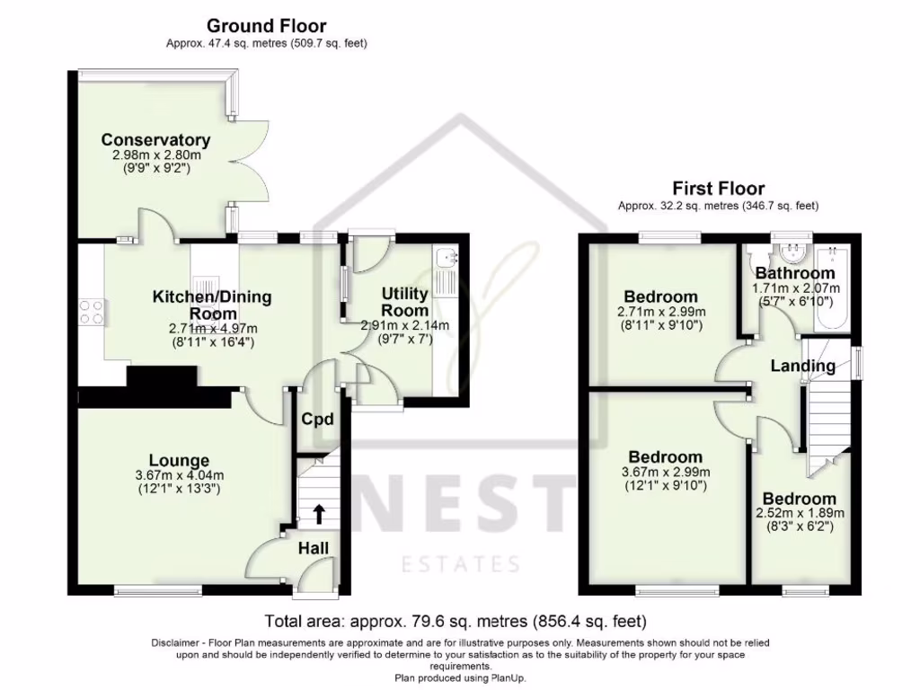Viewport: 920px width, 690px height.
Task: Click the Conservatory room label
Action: pos(155,139)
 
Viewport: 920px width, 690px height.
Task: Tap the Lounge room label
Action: pos(179,461)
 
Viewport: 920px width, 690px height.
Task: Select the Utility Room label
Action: pos(405,301)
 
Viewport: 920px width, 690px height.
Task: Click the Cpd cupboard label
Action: pos(317,419)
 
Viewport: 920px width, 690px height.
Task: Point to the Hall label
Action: pos(314,549)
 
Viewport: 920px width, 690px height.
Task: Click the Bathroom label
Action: pos(795,273)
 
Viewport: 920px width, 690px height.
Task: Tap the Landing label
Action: pos(802,367)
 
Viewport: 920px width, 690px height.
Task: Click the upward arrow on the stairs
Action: pos(319,513)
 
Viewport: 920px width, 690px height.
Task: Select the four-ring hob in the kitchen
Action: pos(93,312)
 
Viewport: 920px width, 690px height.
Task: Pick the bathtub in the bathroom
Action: pos(833,287)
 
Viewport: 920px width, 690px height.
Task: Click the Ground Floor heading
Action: pos(266,26)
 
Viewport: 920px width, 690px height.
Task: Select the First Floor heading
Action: pos(718,189)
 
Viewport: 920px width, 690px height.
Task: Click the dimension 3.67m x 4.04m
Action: pos(179,476)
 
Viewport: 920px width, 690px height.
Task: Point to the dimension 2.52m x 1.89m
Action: pos(800,513)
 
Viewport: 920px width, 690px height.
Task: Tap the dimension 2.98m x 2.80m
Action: pos(156,155)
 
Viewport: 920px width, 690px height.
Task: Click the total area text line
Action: pos(456,620)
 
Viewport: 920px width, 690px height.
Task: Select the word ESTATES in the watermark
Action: pos(461,564)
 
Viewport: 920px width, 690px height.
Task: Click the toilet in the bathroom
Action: pos(755,255)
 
